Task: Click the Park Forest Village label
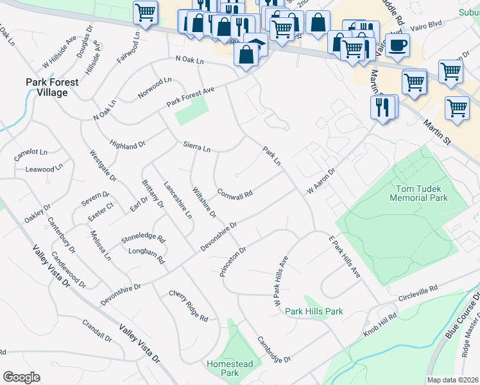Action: [52, 87]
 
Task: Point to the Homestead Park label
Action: [229, 368]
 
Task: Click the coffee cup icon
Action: [398, 46]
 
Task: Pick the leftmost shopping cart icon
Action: [146, 12]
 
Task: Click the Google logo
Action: [21, 377]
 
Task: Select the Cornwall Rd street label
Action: [234, 193]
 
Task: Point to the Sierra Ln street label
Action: [196, 148]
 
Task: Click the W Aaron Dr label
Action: [321, 182]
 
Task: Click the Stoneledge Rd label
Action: [143, 239]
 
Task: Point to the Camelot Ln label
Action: [31, 153]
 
